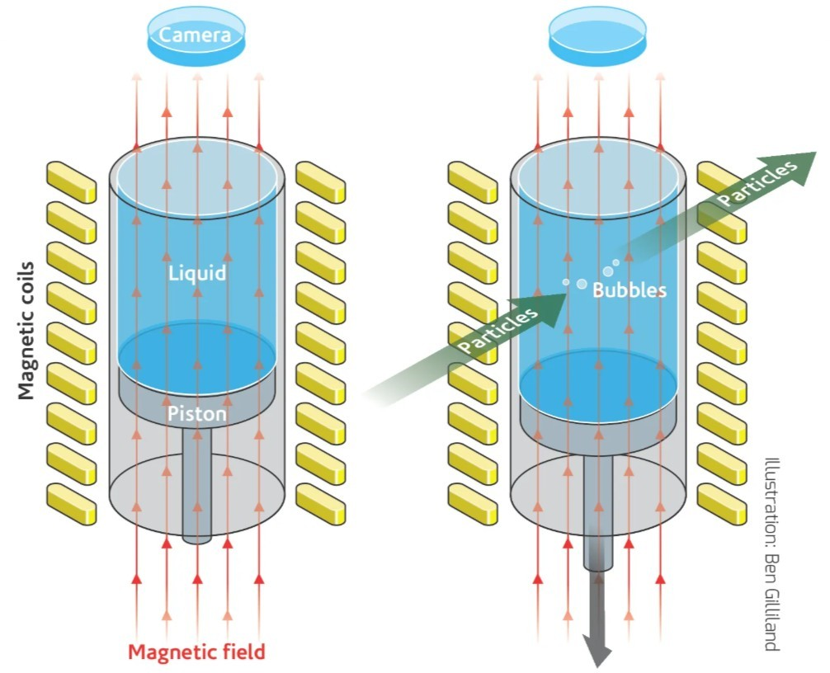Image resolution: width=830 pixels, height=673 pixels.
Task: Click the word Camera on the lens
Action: click(x=196, y=35)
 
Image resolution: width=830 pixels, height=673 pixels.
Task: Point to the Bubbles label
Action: click(x=629, y=290)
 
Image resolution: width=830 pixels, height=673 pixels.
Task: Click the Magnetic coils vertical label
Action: click(x=26, y=330)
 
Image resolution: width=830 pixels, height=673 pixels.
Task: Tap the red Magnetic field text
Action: click(x=196, y=652)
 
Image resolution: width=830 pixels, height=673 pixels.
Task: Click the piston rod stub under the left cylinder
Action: click(x=196, y=495)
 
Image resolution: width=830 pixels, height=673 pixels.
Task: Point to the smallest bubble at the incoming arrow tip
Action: click(x=565, y=283)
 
